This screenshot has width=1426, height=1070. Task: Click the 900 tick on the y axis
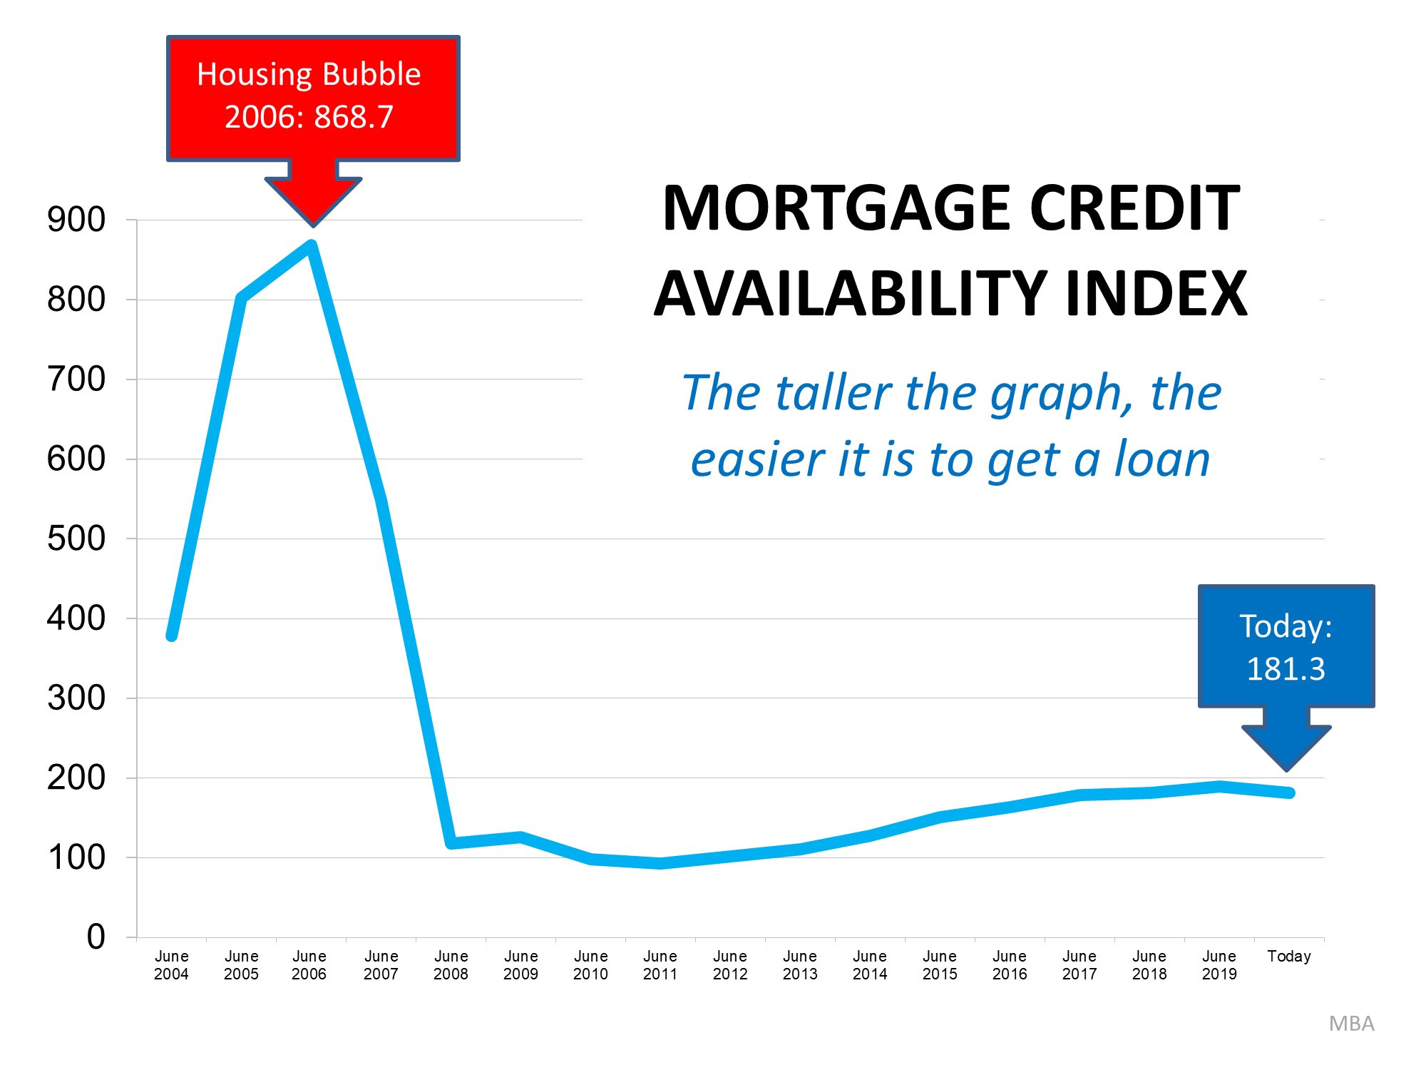76,220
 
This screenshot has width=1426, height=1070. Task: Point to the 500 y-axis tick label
76,539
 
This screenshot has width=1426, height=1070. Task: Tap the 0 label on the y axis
96,937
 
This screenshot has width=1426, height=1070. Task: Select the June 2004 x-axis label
171,965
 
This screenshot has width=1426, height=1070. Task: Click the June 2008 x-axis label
451,965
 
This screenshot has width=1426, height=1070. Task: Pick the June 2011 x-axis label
660,965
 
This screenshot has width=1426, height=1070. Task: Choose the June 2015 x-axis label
940,965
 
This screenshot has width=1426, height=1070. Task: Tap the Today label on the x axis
1289,956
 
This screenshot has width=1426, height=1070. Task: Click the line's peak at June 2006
312,245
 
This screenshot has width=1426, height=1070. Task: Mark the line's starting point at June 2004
172,635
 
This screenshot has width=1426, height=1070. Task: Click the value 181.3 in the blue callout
1286,669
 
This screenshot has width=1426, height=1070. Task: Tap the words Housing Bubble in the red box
309,75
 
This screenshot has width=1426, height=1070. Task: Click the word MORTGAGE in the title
835,208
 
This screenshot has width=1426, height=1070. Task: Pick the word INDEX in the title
1156,294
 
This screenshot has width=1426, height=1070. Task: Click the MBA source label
1351,1024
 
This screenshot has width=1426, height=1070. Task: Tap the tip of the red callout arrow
313,225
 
